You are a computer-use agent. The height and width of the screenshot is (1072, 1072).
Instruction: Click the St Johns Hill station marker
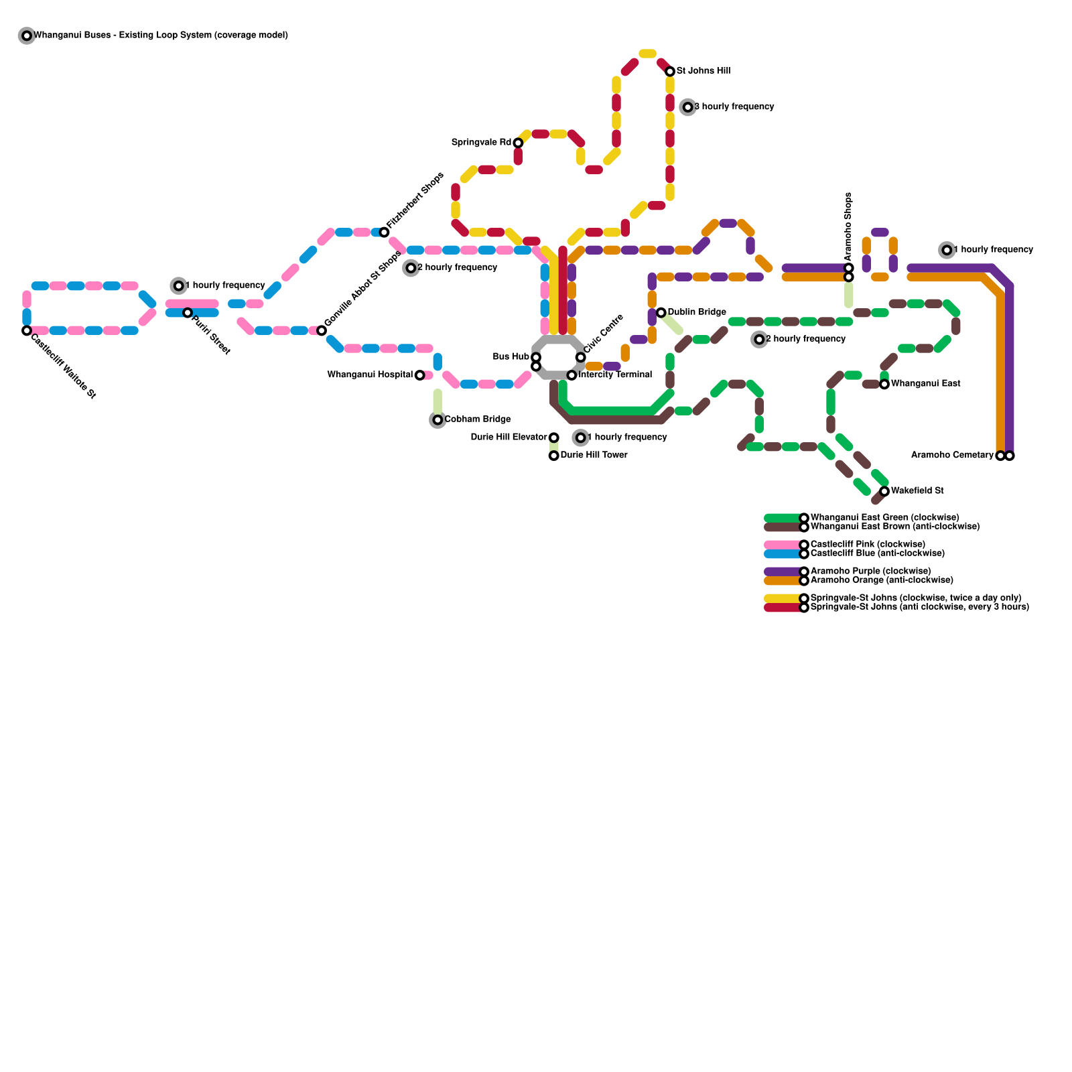tap(670, 72)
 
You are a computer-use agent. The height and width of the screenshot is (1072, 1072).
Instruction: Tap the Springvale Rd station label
tap(481, 143)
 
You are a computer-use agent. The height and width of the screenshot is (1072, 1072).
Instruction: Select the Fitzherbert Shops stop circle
tap(384, 232)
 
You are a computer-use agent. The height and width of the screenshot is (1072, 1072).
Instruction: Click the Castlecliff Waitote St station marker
tap(27, 330)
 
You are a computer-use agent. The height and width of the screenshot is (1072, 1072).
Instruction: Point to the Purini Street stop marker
tap(188, 313)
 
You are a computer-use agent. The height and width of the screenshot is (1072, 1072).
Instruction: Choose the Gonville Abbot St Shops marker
tap(322, 330)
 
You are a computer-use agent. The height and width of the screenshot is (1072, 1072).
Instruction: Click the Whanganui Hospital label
tap(370, 375)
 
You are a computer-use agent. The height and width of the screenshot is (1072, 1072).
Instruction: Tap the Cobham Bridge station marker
tap(438, 420)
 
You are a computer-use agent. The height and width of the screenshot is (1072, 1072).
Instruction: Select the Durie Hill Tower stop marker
tap(553, 456)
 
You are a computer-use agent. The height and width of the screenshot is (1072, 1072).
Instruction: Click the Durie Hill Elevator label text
tap(509, 438)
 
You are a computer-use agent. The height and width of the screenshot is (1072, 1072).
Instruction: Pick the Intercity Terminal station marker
tap(572, 375)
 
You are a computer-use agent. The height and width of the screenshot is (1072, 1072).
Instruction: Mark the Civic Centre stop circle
tap(580, 357)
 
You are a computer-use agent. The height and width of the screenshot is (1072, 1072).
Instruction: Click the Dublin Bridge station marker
tap(661, 313)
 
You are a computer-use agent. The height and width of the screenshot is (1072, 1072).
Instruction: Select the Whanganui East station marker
tap(884, 384)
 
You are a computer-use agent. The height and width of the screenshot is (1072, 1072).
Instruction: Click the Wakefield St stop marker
tap(884, 491)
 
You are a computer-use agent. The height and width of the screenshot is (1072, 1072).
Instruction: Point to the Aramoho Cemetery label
tap(952, 456)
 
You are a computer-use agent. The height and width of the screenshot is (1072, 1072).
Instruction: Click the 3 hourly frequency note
tap(734, 107)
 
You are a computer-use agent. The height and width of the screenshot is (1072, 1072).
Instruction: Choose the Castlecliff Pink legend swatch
tap(783, 545)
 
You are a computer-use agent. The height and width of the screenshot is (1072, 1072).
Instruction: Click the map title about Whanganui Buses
tap(161, 36)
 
